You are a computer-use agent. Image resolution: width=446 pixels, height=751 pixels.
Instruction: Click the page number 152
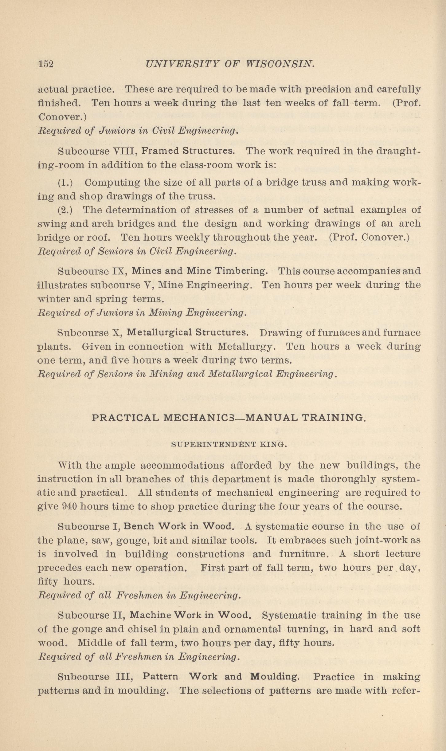[46, 64]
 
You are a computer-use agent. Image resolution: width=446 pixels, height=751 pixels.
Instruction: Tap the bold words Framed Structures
[188, 151]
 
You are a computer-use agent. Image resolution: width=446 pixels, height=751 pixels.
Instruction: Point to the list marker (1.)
[65, 183]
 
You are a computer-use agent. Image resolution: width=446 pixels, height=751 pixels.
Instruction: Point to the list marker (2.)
[65, 210]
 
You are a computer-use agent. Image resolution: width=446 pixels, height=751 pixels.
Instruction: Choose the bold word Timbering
[241, 271]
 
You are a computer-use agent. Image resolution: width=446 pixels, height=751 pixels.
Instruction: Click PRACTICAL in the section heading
[125, 418]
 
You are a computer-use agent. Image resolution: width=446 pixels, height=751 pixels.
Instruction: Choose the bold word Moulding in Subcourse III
[274, 677]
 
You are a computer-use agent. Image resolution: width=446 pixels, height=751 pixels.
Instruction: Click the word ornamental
[253, 629]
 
